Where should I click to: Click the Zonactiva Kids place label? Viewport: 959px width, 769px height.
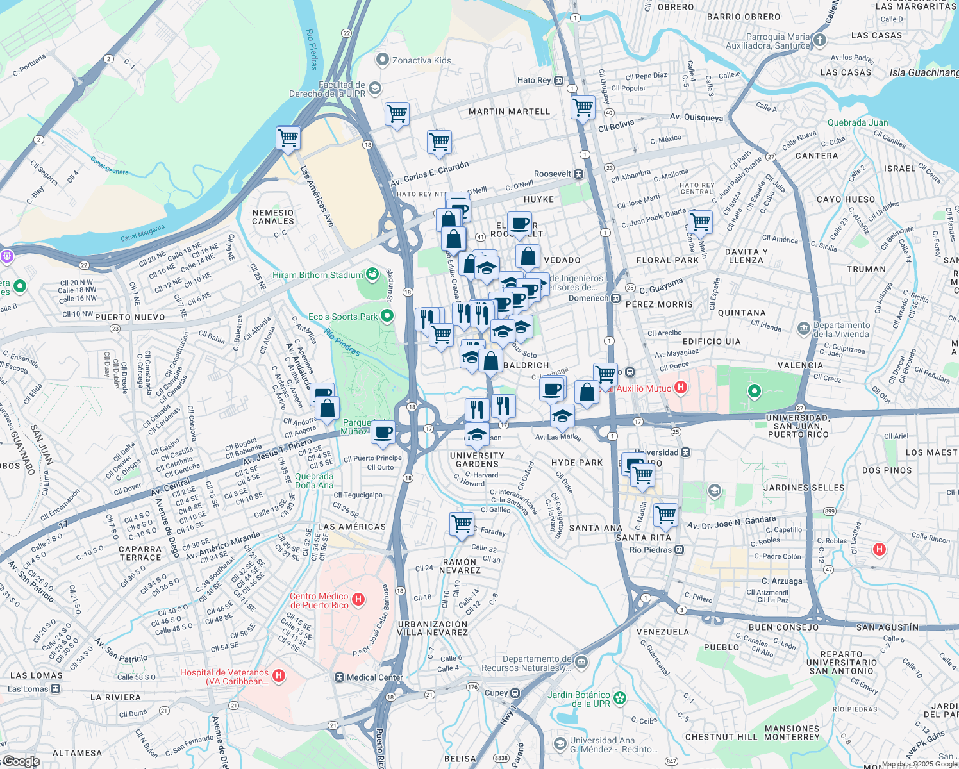point(421,60)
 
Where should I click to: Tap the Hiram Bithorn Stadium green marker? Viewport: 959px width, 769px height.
point(372,275)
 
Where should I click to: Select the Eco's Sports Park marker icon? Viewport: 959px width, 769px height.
point(387,316)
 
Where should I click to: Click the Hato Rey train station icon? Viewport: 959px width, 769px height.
point(558,81)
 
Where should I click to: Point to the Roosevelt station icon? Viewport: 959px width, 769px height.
point(578,174)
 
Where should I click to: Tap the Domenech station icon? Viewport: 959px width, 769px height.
point(615,298)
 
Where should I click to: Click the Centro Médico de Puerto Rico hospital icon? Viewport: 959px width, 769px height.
point(358,600)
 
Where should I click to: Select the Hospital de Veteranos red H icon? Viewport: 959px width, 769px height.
point(279,675)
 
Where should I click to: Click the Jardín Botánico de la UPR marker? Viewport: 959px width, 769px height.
point(619,698)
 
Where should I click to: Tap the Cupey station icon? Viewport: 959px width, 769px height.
point(515,693)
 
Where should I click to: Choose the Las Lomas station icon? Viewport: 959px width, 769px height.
point(56,689)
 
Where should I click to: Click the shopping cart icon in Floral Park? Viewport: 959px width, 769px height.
point(700,222)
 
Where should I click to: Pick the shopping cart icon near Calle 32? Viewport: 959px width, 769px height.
point(462,524)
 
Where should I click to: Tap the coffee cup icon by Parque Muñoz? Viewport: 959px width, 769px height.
point(383,433)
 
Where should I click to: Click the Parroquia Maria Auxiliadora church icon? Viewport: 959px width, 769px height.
point(819,40)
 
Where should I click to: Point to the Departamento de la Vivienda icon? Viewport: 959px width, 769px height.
point(803,329)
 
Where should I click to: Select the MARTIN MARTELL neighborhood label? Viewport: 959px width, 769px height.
point(509,112)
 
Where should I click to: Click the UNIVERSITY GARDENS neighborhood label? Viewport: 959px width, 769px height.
point(477,459)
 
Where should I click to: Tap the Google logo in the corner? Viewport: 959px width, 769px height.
point(21,761)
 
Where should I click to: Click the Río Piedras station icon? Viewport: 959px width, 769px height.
point(680,550)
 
